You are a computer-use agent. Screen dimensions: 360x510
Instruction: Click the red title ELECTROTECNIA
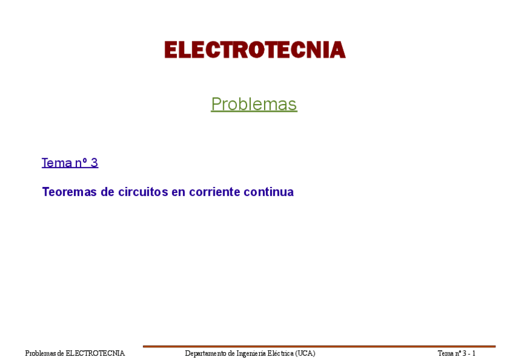click(x=254, y=50)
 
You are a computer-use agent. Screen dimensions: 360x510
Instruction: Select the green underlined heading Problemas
click(x=254, y=104)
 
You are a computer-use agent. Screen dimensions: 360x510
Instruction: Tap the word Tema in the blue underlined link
click(x=55, y=162)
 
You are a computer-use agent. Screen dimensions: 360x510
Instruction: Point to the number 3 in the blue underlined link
click(x=94, y=162)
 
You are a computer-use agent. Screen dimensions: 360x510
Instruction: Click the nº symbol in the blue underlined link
click(x=80, y=162)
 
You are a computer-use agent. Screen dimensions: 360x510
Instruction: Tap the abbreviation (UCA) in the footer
click(x=305, y=353)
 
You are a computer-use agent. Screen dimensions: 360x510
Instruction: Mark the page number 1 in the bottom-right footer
click(x=474, y=353)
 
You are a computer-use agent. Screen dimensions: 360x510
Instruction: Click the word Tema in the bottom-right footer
click(x=446, y=353)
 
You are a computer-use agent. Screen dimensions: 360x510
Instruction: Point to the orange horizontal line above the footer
click(x=319, y=346)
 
